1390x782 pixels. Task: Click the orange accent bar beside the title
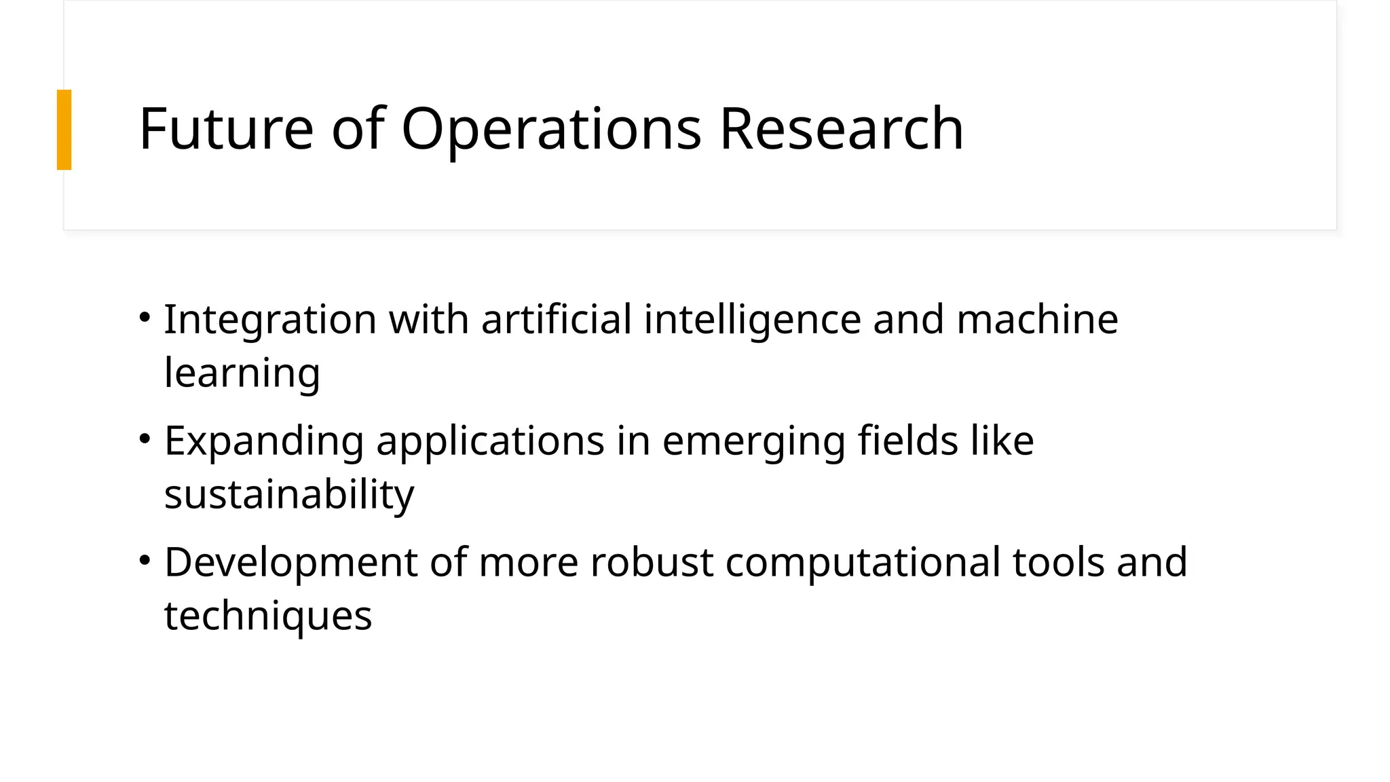pyautogui.click(x=64, y=130)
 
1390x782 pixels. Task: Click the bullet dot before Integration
pyautogui.click(x=144, y=317)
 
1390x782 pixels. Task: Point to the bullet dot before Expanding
pyautogui.click(x=144, y=439)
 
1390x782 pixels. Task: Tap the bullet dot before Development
pyautogui.click(x=144, y=560)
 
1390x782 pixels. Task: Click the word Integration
pyautogui.click(x=270, y=319)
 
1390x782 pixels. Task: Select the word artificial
pyautogui.click(x=557, y=319)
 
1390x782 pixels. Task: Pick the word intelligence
pyautogui.click(x=752, y=319)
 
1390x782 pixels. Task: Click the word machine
pyautogui.click(x=1037, y=319)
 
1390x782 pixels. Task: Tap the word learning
pyautogui.click(x=242, y=373)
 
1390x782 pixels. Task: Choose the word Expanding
pyautogui.click(x=264, y=441)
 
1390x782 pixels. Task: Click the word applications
pyautogui.click(x=490, y=441)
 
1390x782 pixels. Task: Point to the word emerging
pyautogui.click(x=753, y=441)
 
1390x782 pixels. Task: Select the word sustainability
pyautogui.click(x=289, y=494)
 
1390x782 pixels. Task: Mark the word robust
pyautogui.click(x=652, y=562)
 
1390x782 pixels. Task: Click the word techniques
pyautogui.click(x=268, y=616)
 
